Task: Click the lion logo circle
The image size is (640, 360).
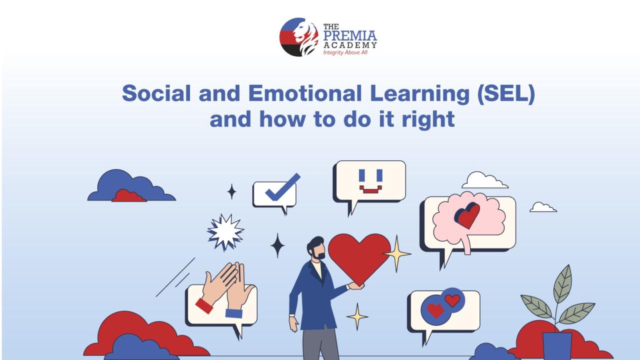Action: (299, 37)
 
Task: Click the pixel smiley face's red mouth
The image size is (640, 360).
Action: (370, 190)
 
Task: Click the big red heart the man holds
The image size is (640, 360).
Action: (359, 255)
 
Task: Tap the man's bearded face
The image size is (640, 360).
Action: (317, 250)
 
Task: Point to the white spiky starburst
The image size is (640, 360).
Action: (225, 231)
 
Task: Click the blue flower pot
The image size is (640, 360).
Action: (557, 345)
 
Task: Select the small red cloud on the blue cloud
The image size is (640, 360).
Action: (128, 195)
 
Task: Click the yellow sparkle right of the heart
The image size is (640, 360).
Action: (397, 253)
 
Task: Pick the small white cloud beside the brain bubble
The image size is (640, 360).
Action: (542, 207)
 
